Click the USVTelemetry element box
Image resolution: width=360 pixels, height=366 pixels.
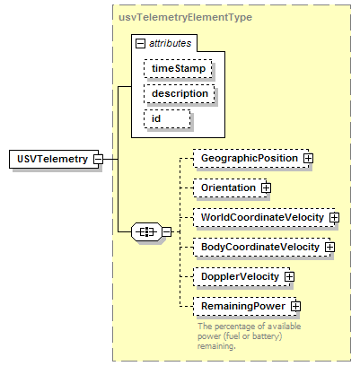[x=54, y=159]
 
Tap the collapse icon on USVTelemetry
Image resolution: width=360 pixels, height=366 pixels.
[x=98, y=159]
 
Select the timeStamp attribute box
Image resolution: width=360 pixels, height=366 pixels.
[x=178, y=69]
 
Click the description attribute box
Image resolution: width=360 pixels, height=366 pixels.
[x=180, y=94]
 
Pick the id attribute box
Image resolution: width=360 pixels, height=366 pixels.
[x=167, y=119]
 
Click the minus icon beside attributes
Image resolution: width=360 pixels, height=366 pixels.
[x=140, y=44]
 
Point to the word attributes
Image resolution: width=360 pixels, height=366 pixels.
[x=170, y=43]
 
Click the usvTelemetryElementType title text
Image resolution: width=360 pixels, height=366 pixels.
[x=185, y=17]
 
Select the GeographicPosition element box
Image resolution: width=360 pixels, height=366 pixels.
[x=250, y=158]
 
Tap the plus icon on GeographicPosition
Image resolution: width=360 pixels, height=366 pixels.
[x=308, y=158]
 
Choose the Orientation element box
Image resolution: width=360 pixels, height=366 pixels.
[x=230, y=187]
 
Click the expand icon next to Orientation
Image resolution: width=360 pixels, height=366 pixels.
[x=266, y=187]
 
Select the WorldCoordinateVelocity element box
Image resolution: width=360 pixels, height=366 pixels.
[x=264, y=217]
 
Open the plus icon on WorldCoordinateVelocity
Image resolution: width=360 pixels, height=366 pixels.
[x=335, y=217]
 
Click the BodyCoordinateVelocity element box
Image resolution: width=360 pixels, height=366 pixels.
[x=262, y=247]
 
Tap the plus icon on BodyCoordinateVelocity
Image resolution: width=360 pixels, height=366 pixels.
[x=330, y=247]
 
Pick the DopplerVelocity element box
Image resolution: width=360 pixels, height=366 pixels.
[x=241, y=276]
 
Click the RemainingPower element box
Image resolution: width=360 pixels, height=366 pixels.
[x=244, y=306]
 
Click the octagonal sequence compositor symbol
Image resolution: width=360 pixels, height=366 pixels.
[x=146, y=231]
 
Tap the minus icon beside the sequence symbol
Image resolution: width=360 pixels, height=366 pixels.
[x=167, y=231]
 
